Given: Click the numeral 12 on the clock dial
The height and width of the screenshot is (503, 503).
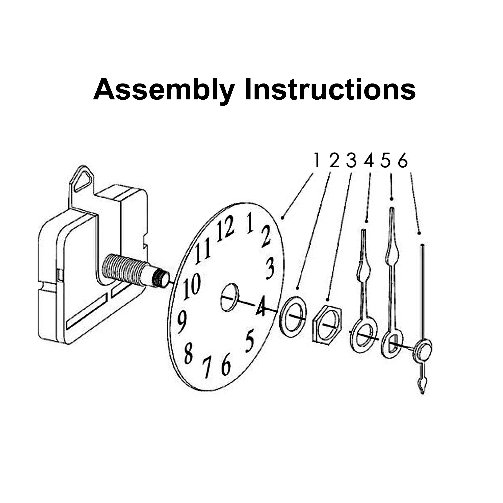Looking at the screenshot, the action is click(226, 228).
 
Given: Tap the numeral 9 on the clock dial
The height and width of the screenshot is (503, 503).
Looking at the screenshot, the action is click(182, 322).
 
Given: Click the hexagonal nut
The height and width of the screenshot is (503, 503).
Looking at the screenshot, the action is click(327, 324).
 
